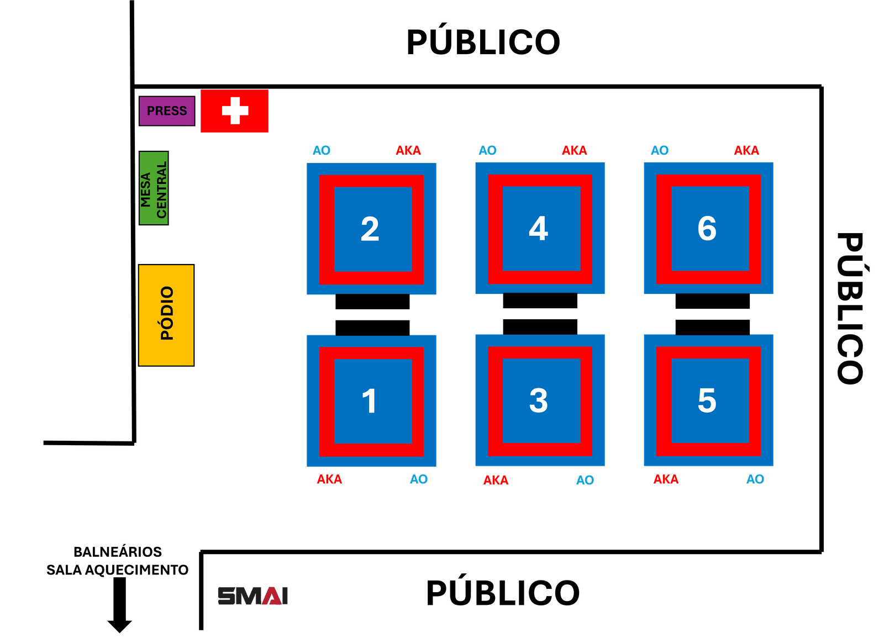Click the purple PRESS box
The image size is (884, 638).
[166, 111]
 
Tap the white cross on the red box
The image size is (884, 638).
[235, 110]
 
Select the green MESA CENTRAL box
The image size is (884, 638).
[154, 188]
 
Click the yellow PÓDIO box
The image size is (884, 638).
[166, 315]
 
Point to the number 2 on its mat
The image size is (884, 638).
[370, 229]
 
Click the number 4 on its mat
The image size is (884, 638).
[538, 228]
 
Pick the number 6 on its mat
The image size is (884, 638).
[707, 228]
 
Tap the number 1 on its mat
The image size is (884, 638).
[369, 401]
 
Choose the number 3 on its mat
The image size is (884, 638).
[538, 400]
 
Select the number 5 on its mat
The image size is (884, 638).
[707, 400]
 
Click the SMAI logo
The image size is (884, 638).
[252, 596]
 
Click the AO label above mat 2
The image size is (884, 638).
[322, 150]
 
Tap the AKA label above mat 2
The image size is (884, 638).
[408, 150]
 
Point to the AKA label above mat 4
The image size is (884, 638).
[575, 150]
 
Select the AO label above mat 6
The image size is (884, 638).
[660, 150]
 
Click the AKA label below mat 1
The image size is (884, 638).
[329, 479]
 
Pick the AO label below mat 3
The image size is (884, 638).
[585, 480]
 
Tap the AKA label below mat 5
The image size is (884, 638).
[666, 479]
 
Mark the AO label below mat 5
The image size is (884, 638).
[755, 479]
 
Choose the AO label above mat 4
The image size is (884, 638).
[488, 150]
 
